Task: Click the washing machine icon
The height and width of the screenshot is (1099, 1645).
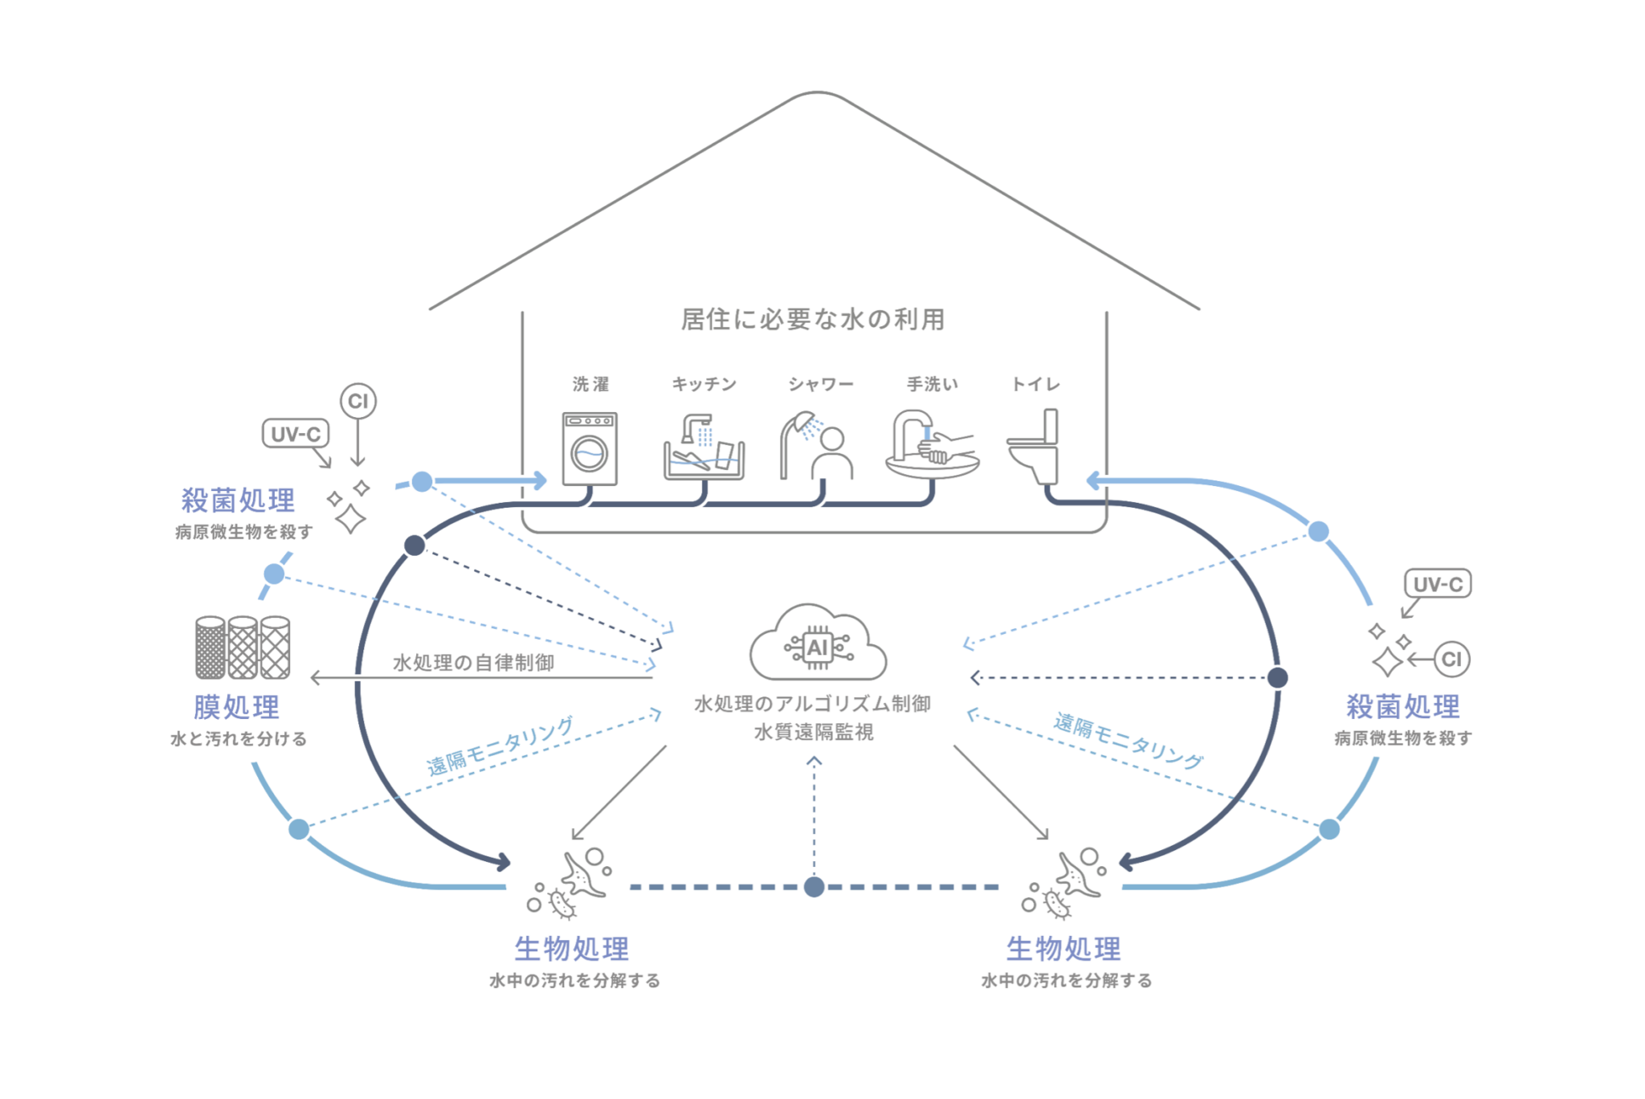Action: point(590,449)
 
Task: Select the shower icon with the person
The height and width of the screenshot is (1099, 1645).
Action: point(817,446)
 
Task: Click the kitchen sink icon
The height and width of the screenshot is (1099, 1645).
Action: point(704,447)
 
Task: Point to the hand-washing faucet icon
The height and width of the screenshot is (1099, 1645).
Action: point(932,446)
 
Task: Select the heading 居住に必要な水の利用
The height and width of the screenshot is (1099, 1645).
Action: point(813,320)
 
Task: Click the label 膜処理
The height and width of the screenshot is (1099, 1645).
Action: point(237,707)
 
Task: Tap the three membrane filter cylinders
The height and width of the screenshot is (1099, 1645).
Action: point(243,648)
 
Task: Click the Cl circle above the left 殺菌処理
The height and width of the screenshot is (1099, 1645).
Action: point(358,401)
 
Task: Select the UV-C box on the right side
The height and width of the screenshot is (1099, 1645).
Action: point(1438,584)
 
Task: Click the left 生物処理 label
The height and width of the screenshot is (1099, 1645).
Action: point(572,949)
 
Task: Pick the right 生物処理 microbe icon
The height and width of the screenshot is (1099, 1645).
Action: point(1067,883)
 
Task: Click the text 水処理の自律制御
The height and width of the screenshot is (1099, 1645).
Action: point(474,663)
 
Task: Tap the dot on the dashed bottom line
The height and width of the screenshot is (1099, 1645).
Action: point(814,887)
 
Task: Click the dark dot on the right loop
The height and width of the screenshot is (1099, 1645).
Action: point(1277,678)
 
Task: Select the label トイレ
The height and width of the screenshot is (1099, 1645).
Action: point(1035,384)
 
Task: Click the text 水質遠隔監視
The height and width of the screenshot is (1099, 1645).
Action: point(814,732)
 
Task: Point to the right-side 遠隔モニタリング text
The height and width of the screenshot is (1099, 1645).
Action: point(1129,741)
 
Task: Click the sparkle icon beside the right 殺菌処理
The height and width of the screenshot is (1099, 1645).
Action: point(1390,650)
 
